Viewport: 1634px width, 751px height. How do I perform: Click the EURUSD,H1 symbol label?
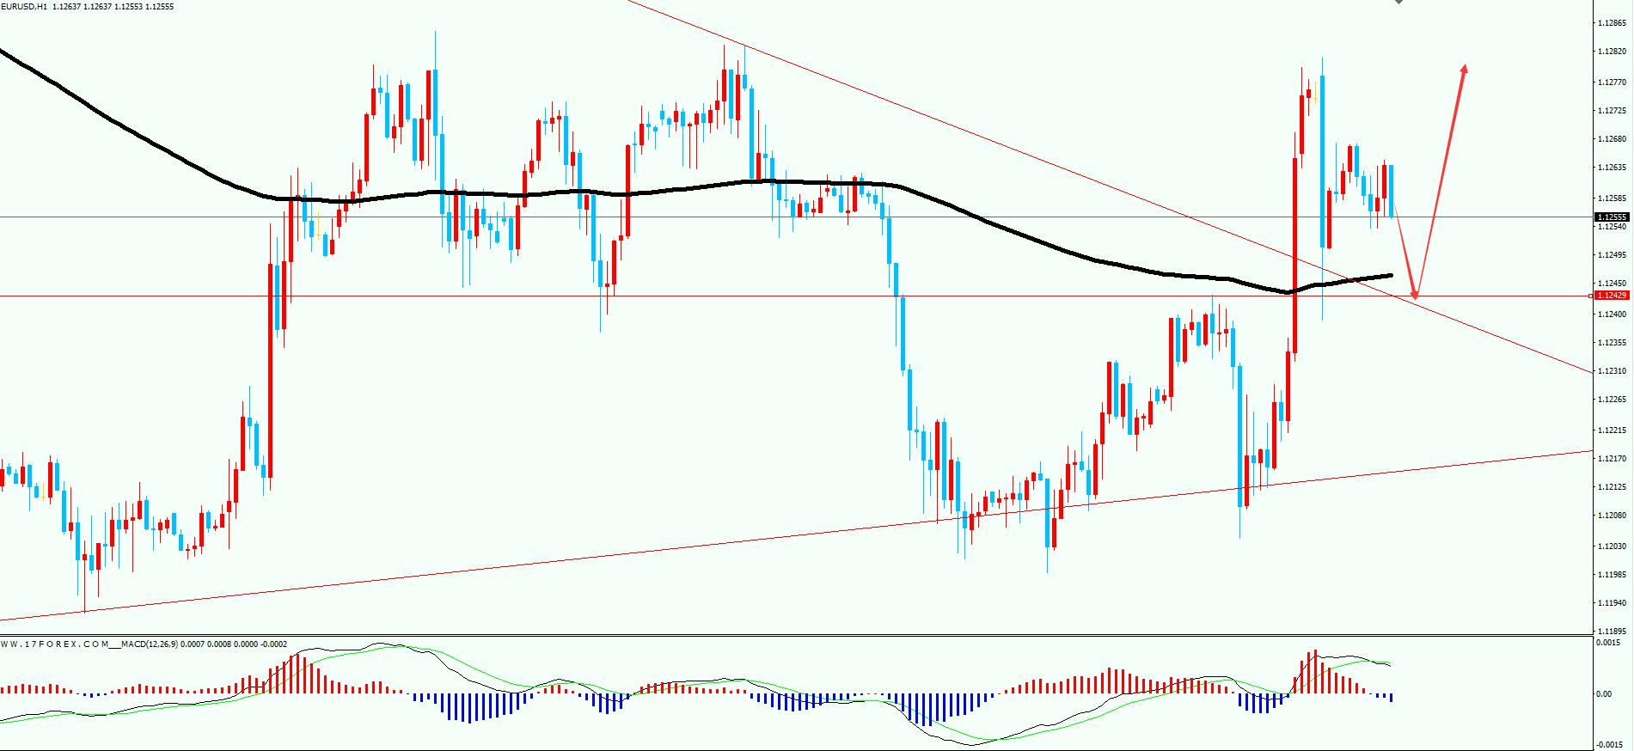point(23,7)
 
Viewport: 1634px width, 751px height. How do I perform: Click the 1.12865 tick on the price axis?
point(1611,23)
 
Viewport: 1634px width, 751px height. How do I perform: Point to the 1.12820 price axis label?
point(1611,52)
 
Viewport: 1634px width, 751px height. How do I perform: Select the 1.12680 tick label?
point(1611,139)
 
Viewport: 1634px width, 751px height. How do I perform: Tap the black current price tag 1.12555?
point(1612,217)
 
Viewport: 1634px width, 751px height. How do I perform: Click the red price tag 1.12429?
point(1612,296)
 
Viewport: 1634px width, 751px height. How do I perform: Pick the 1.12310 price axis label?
point(1611,371)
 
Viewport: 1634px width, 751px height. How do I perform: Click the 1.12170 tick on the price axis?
point(1611,459)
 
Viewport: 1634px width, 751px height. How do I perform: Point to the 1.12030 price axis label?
point(1611,546)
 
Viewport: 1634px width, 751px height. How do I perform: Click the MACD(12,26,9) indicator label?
point(150,644)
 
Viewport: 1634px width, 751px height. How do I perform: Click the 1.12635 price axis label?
point(1611,168)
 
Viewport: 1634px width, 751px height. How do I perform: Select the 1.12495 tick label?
point(1611,255)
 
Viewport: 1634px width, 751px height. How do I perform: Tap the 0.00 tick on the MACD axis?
point(1604,694)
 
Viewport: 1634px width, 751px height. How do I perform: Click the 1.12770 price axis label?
point(1611,82)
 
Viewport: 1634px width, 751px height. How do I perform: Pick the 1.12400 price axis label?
point(1611,314)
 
